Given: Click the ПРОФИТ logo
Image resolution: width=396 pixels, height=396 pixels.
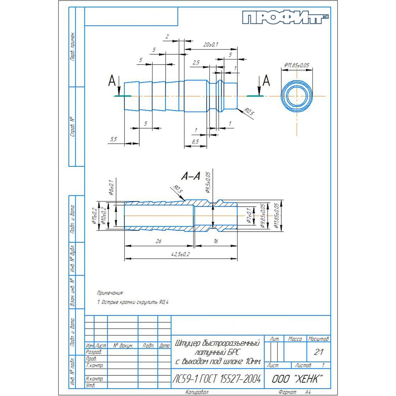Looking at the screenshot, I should coord(285,17).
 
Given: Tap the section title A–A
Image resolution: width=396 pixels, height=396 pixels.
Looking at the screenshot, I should coord(190,176).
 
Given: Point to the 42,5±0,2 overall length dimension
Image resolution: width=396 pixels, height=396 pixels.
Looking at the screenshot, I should coord(180,255).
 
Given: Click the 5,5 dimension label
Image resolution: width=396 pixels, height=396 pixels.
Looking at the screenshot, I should coord(113,139).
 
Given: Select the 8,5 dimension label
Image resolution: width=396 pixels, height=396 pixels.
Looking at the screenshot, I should coord(195,141).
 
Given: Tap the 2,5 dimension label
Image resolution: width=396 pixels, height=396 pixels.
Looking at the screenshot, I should coord(196,63).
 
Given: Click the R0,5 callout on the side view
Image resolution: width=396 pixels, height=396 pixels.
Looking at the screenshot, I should coord(249,112).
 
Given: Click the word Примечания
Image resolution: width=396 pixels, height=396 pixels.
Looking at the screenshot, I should coord(110,293).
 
